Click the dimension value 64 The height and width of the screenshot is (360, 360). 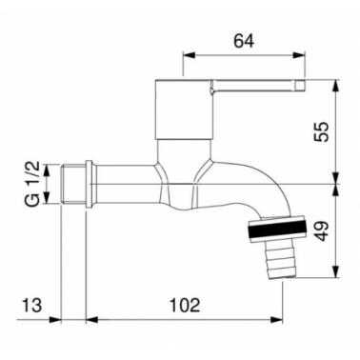[x=244, y=41]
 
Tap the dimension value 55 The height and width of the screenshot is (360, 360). [x=320, y=131]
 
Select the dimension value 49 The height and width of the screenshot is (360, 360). [x=320, y=231]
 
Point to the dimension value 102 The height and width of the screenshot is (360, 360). [x=186, y=306]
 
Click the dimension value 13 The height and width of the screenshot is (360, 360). [x=31, y=306]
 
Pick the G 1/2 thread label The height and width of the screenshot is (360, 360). [x=32, y=184]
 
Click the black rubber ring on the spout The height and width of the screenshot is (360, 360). [x=278, y=230]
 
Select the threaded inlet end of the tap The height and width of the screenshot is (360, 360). [x=72, y=184]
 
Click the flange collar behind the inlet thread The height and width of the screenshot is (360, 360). [x=90, y=185]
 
